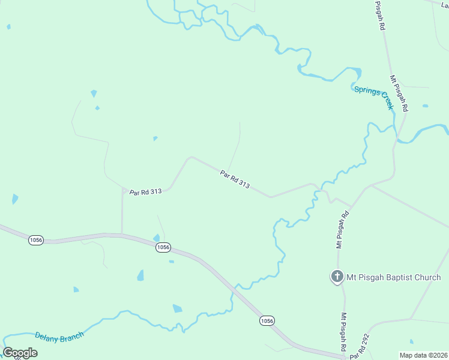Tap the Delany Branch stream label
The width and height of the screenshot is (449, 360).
point(59,337)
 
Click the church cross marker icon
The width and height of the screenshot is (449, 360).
point(337,277)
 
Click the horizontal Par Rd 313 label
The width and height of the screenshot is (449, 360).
point(146,192)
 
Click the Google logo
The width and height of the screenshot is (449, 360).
point(20,353)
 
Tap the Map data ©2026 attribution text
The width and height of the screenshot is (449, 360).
point(423,355)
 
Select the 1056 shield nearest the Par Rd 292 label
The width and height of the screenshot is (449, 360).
point(268,321)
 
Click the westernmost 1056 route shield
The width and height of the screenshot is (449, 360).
point(36,240)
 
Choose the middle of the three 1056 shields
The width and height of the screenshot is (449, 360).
point(163,247)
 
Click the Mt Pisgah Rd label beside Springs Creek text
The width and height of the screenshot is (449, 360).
point(399,94)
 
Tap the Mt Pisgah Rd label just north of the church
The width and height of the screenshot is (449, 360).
point(342,230)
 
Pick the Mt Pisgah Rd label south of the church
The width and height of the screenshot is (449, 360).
point(344,332)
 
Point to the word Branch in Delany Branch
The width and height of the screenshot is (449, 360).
point(71,335)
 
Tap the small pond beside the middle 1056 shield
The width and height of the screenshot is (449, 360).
point(157,238)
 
